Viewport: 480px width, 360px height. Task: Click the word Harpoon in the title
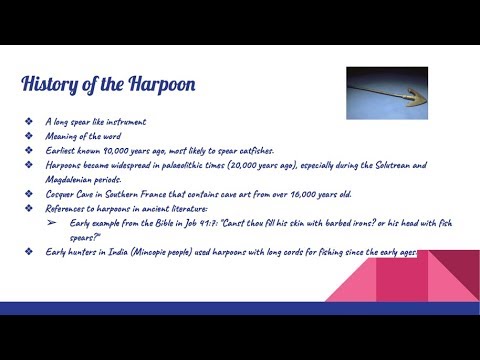pos(158,83)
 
